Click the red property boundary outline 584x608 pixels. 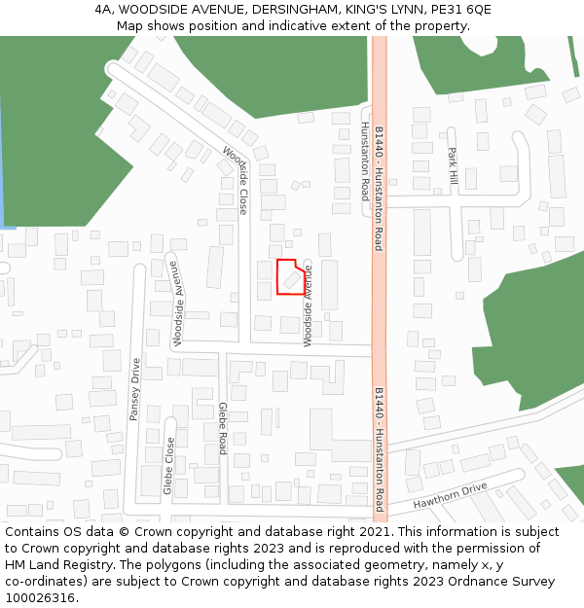click(x=278, y=277)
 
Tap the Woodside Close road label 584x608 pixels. click(x=236, y=180)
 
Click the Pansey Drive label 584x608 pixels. click(x=135, y=389)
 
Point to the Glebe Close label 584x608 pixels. click(x=169, y=465)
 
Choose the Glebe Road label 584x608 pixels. click(x=222, y=428)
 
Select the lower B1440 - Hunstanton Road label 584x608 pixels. click(x=379, y=448)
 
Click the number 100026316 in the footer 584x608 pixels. click(x=38, y=597)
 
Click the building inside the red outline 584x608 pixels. click(x=292, y=278)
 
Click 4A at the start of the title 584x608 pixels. click(x=104, y=10)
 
